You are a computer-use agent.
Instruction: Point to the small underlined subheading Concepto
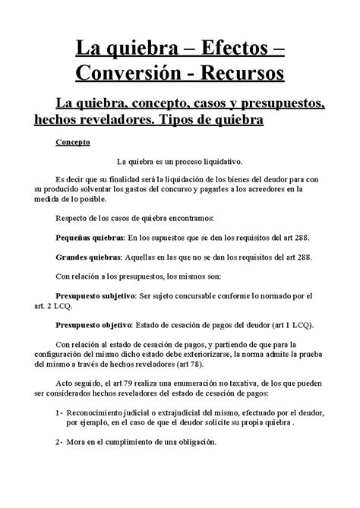[x=94, y=142]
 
